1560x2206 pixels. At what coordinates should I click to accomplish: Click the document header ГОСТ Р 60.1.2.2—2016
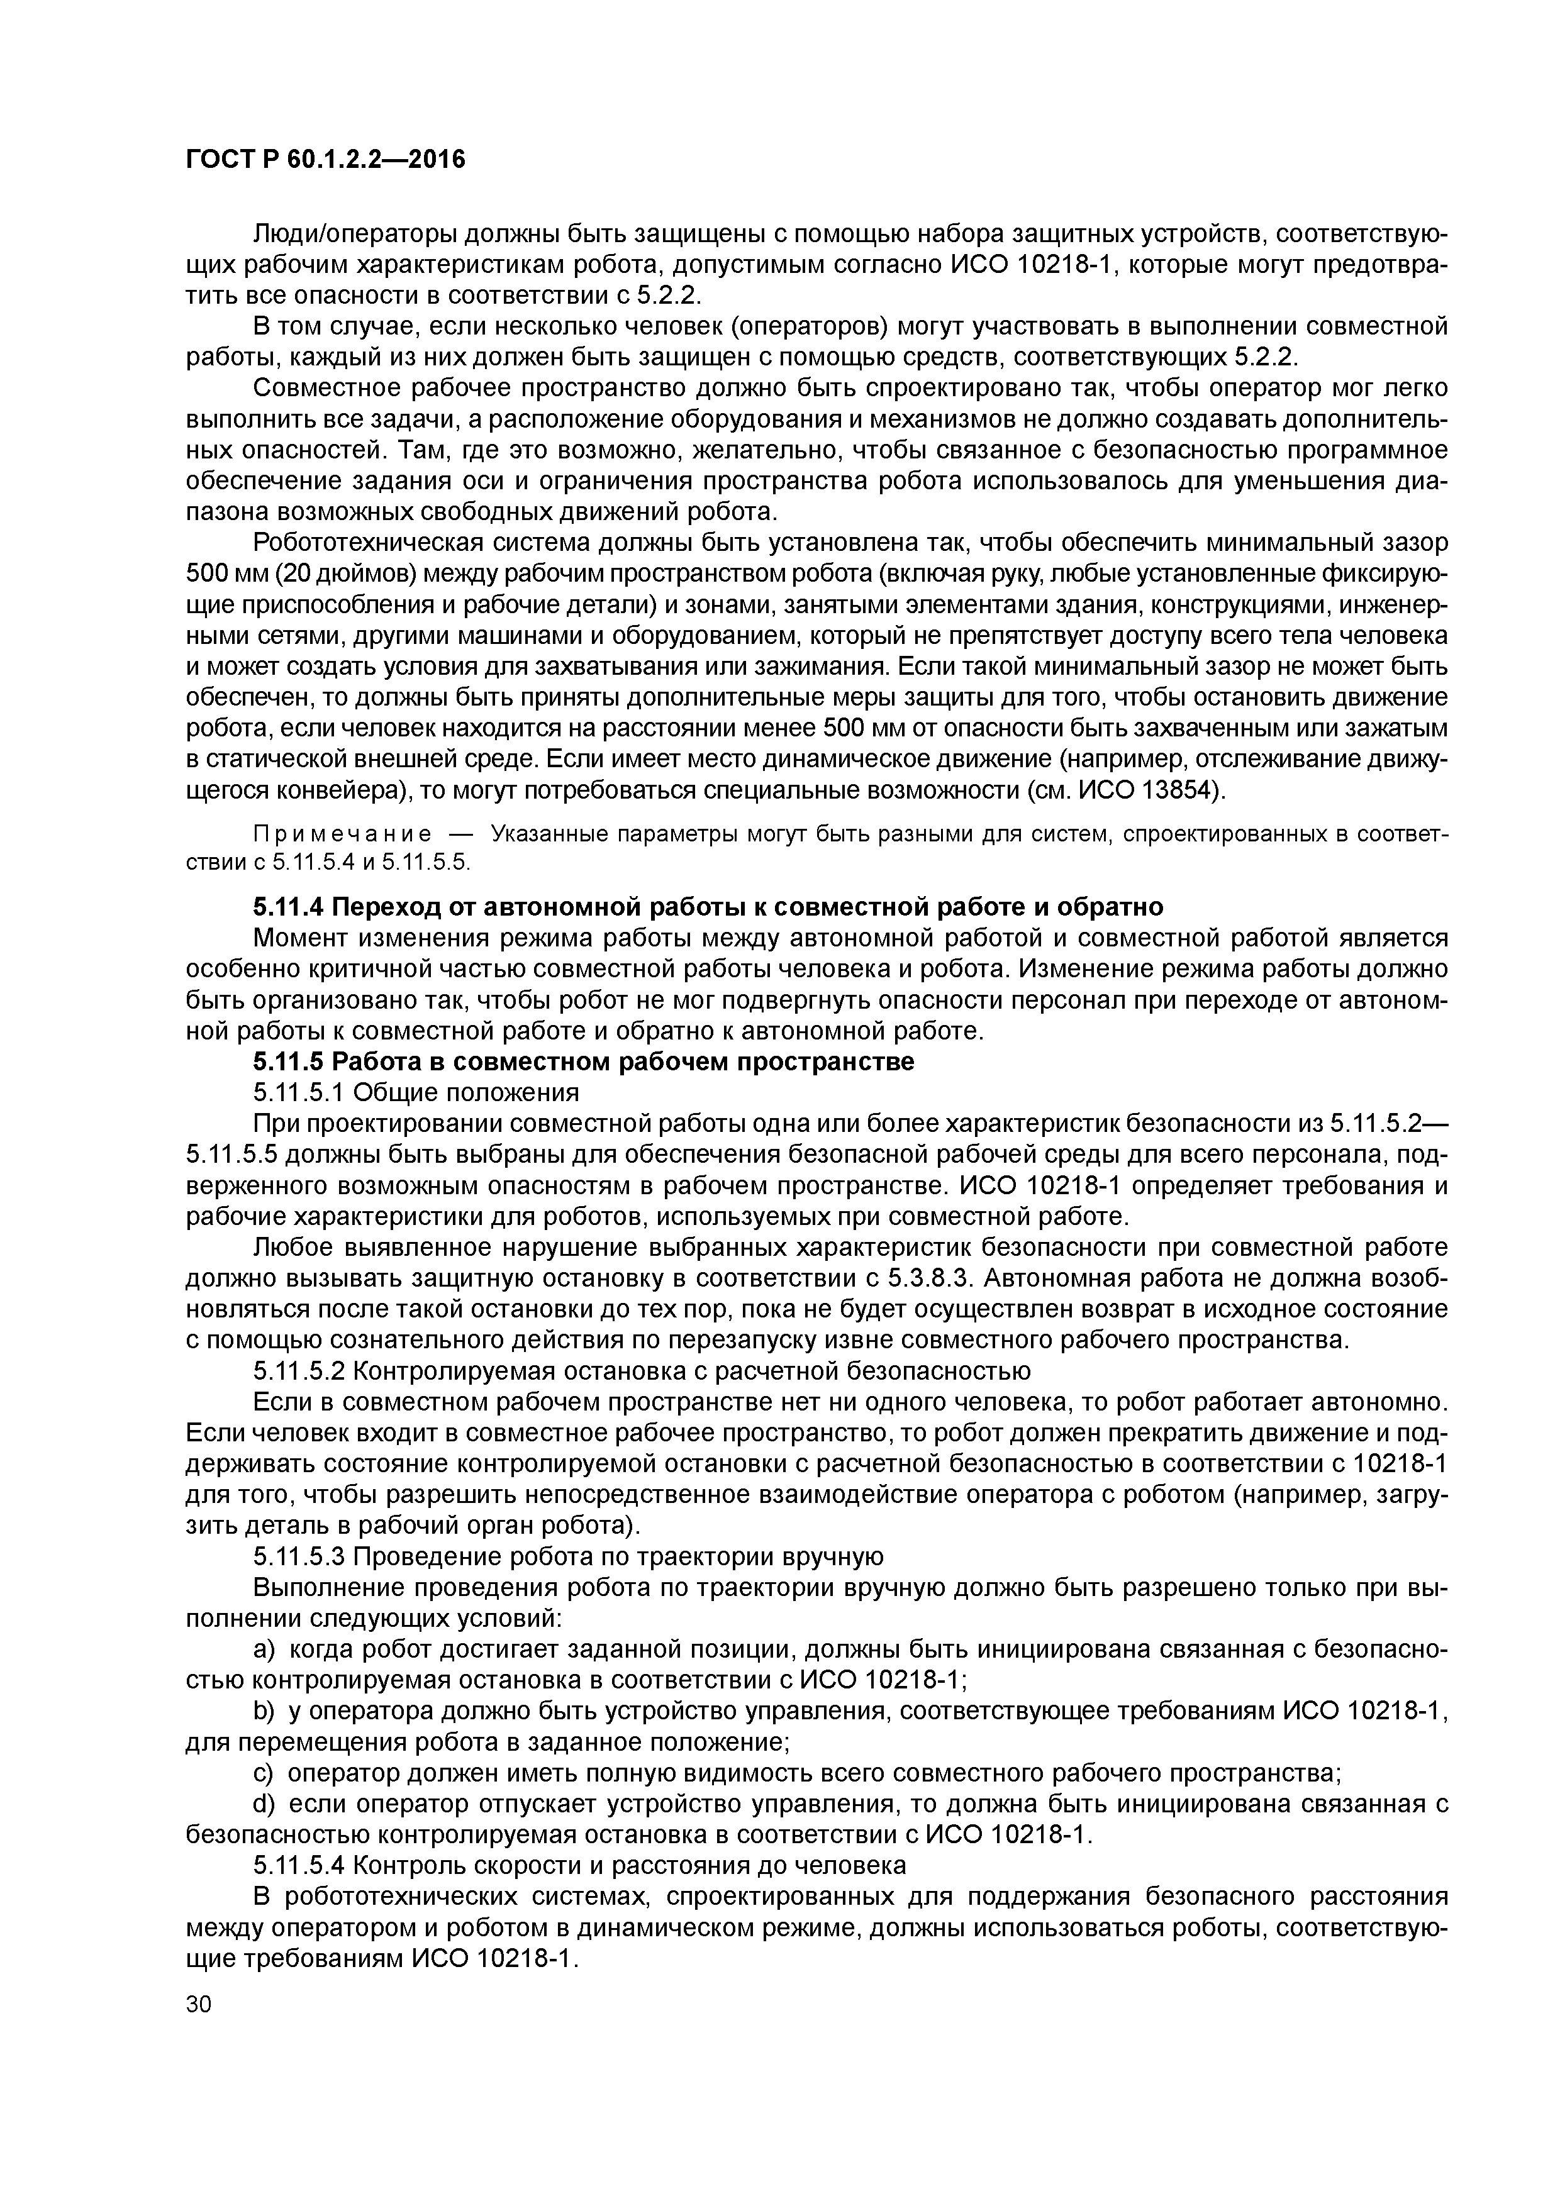325,158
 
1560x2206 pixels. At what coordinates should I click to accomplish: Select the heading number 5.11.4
288,907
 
